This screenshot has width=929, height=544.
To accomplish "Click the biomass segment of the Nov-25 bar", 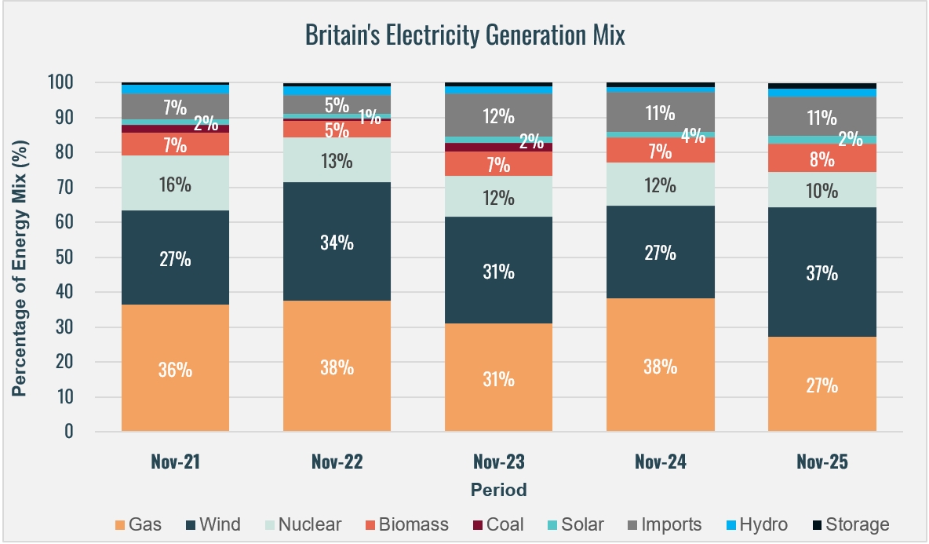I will click(x=822, y=158).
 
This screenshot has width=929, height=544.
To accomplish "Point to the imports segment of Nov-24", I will click(x=660, y=111).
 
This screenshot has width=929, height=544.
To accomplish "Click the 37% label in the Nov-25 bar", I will click(x=822, y=273).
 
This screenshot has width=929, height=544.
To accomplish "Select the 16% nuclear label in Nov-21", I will click(x=175, y=185).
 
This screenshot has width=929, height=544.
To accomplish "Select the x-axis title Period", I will click(x=498, y=490).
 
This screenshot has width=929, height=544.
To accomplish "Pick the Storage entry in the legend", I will click(x=851, y=524).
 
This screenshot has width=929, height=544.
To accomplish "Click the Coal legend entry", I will click(x=497, y=524).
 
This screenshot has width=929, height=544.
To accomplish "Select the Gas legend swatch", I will click(x=119, y=524).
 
